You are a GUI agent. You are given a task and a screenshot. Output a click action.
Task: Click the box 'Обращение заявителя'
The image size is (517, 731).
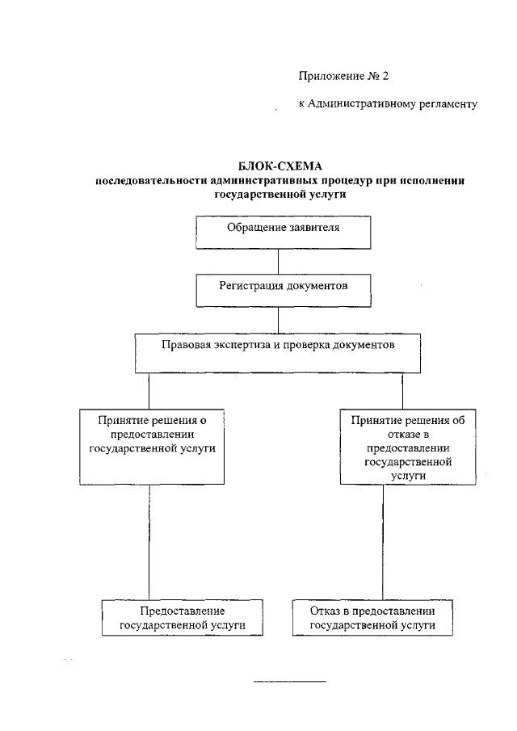coord(283,231)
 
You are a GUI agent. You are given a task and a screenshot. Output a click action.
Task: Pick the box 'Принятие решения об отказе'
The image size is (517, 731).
coord(402,447)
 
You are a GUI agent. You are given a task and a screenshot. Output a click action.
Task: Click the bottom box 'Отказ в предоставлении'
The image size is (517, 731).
coord(374,618)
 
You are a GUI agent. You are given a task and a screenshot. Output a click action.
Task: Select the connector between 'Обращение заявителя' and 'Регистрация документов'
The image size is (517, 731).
coord(280,262)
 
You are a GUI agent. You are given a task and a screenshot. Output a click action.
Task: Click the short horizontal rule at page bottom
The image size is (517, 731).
coord(290,683)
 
